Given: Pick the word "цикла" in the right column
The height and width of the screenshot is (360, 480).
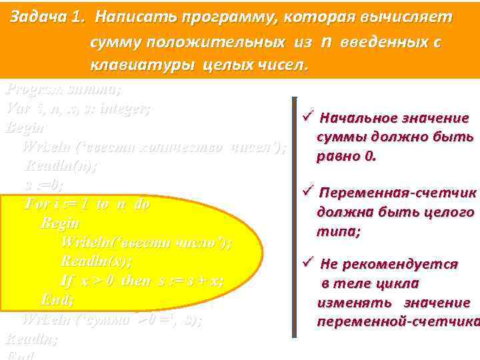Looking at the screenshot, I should [x=401, y=283].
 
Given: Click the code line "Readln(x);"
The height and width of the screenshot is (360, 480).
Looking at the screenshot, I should [x=97, y=261].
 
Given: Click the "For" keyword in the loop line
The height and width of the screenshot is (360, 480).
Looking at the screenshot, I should [x=35, y=203].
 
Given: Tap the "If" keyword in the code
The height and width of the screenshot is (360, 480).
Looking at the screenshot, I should [x=67, y=280].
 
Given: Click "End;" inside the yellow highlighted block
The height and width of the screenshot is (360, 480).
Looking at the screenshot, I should [x=57, y=299].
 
